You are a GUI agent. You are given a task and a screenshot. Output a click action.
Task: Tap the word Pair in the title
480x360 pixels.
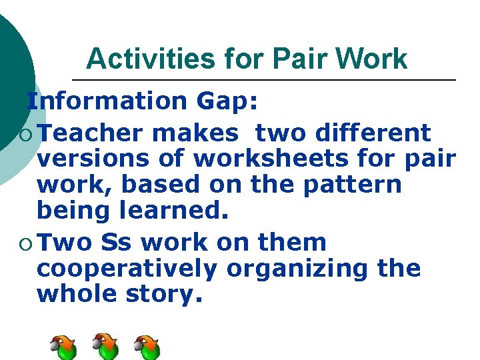coord(297,59)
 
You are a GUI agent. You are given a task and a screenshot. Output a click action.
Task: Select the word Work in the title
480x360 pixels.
coord(372,59)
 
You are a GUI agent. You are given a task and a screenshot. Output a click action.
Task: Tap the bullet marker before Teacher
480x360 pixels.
coord(25,134)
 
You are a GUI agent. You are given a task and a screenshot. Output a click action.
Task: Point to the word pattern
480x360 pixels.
coord(353,184)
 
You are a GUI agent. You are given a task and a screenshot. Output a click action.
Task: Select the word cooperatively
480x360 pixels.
coord(127,269)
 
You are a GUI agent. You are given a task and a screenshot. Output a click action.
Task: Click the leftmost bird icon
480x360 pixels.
coord(63,347)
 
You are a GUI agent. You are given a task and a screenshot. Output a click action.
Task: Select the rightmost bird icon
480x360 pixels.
coord(147,347)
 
